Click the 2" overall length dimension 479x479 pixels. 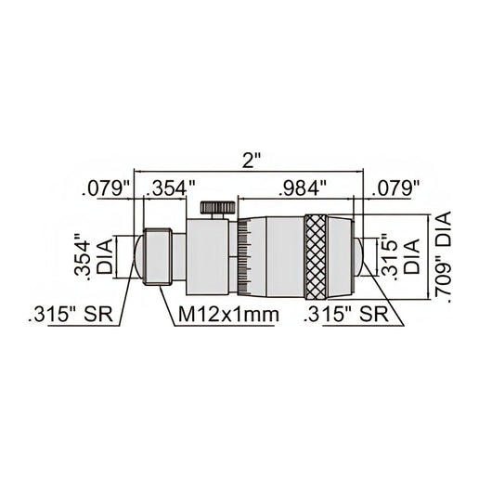[x=248, y=161]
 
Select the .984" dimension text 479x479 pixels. [x=303, y=188]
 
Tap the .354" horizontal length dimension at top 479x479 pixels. [x=171, y=188]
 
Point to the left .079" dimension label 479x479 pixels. [x=105, y=188]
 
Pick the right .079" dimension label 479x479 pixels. [x=395, y=188]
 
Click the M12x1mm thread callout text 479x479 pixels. [x=228, y=315]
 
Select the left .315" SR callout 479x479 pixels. [x=71, y=315]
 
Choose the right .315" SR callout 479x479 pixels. [x=345, y=315]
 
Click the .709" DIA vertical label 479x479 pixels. [x=443, y=257]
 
